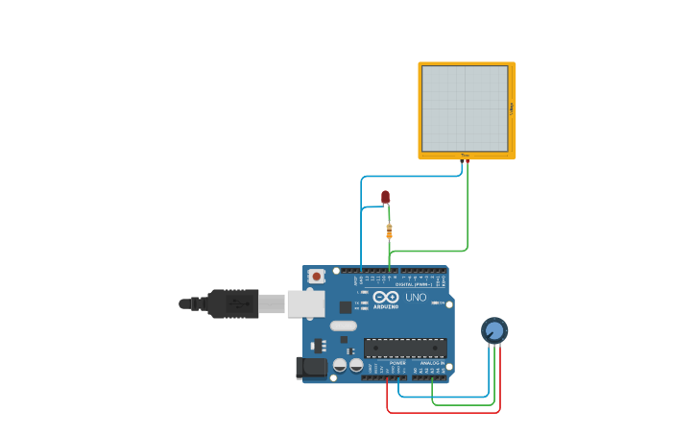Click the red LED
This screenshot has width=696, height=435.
[385, 197]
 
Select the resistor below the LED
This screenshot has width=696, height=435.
[389, 230]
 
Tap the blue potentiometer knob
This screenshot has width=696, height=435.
[494, 330]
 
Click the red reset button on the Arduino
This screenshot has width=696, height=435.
[316, 277]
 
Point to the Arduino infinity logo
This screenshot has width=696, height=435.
[386, 297]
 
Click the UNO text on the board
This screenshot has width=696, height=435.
[417, 298]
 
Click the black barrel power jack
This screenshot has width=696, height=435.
[312, 366]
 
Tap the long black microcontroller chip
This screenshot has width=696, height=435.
[404, 348]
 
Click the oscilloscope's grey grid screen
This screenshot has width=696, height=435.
[465, 109]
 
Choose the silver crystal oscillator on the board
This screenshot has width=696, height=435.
[343, 326]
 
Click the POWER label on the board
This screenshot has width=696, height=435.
[397, 363]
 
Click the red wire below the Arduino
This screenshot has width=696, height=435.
[442, 413]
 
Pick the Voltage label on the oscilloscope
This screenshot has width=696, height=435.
[512, 109]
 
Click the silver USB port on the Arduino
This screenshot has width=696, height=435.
[305, 303]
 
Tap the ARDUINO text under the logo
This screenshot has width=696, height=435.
[386, 306]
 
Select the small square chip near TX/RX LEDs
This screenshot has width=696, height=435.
[345, 306]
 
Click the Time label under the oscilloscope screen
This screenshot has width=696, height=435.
[465, 155]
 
